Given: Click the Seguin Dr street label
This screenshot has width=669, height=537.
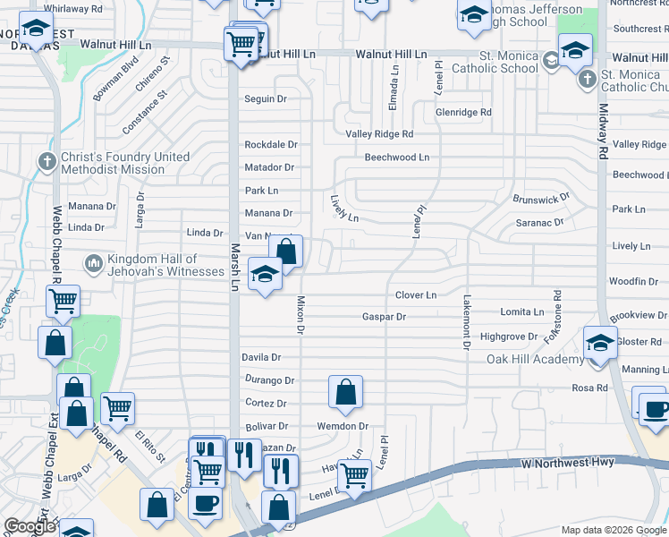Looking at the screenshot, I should (266, 99).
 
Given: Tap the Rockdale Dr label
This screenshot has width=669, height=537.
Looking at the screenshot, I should (270, 145).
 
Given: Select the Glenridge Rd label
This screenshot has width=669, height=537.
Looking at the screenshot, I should (463, 113).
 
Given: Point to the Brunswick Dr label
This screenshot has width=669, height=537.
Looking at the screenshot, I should (541, 199).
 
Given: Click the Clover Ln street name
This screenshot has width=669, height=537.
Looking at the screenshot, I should (416, 295).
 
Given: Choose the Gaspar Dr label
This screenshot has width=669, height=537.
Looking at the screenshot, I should (384, 317).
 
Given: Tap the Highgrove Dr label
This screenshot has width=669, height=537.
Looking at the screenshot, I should (509, 337).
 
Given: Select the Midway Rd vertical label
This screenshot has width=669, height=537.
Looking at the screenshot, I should (603, 134).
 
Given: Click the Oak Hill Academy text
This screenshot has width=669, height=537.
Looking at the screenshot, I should (535, 359).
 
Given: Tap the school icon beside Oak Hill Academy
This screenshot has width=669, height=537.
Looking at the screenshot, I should (600, 343).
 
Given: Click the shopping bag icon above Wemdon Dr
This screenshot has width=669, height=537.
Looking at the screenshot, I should (345, 392).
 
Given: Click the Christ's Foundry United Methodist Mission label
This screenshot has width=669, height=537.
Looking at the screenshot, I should (124, 163).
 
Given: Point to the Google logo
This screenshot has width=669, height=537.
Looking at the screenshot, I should (30, 526).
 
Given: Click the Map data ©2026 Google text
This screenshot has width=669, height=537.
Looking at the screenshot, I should (613, 530).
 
